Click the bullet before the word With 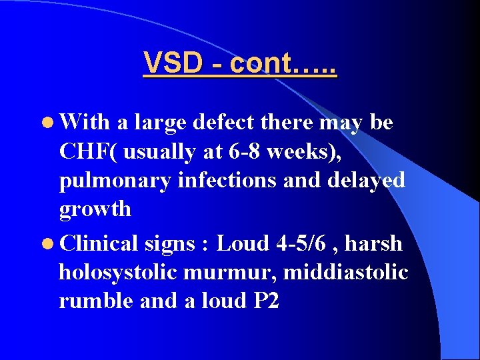[x=49, y=123]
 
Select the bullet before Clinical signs [x=49, y=243]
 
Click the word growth [x=95, y=209]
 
